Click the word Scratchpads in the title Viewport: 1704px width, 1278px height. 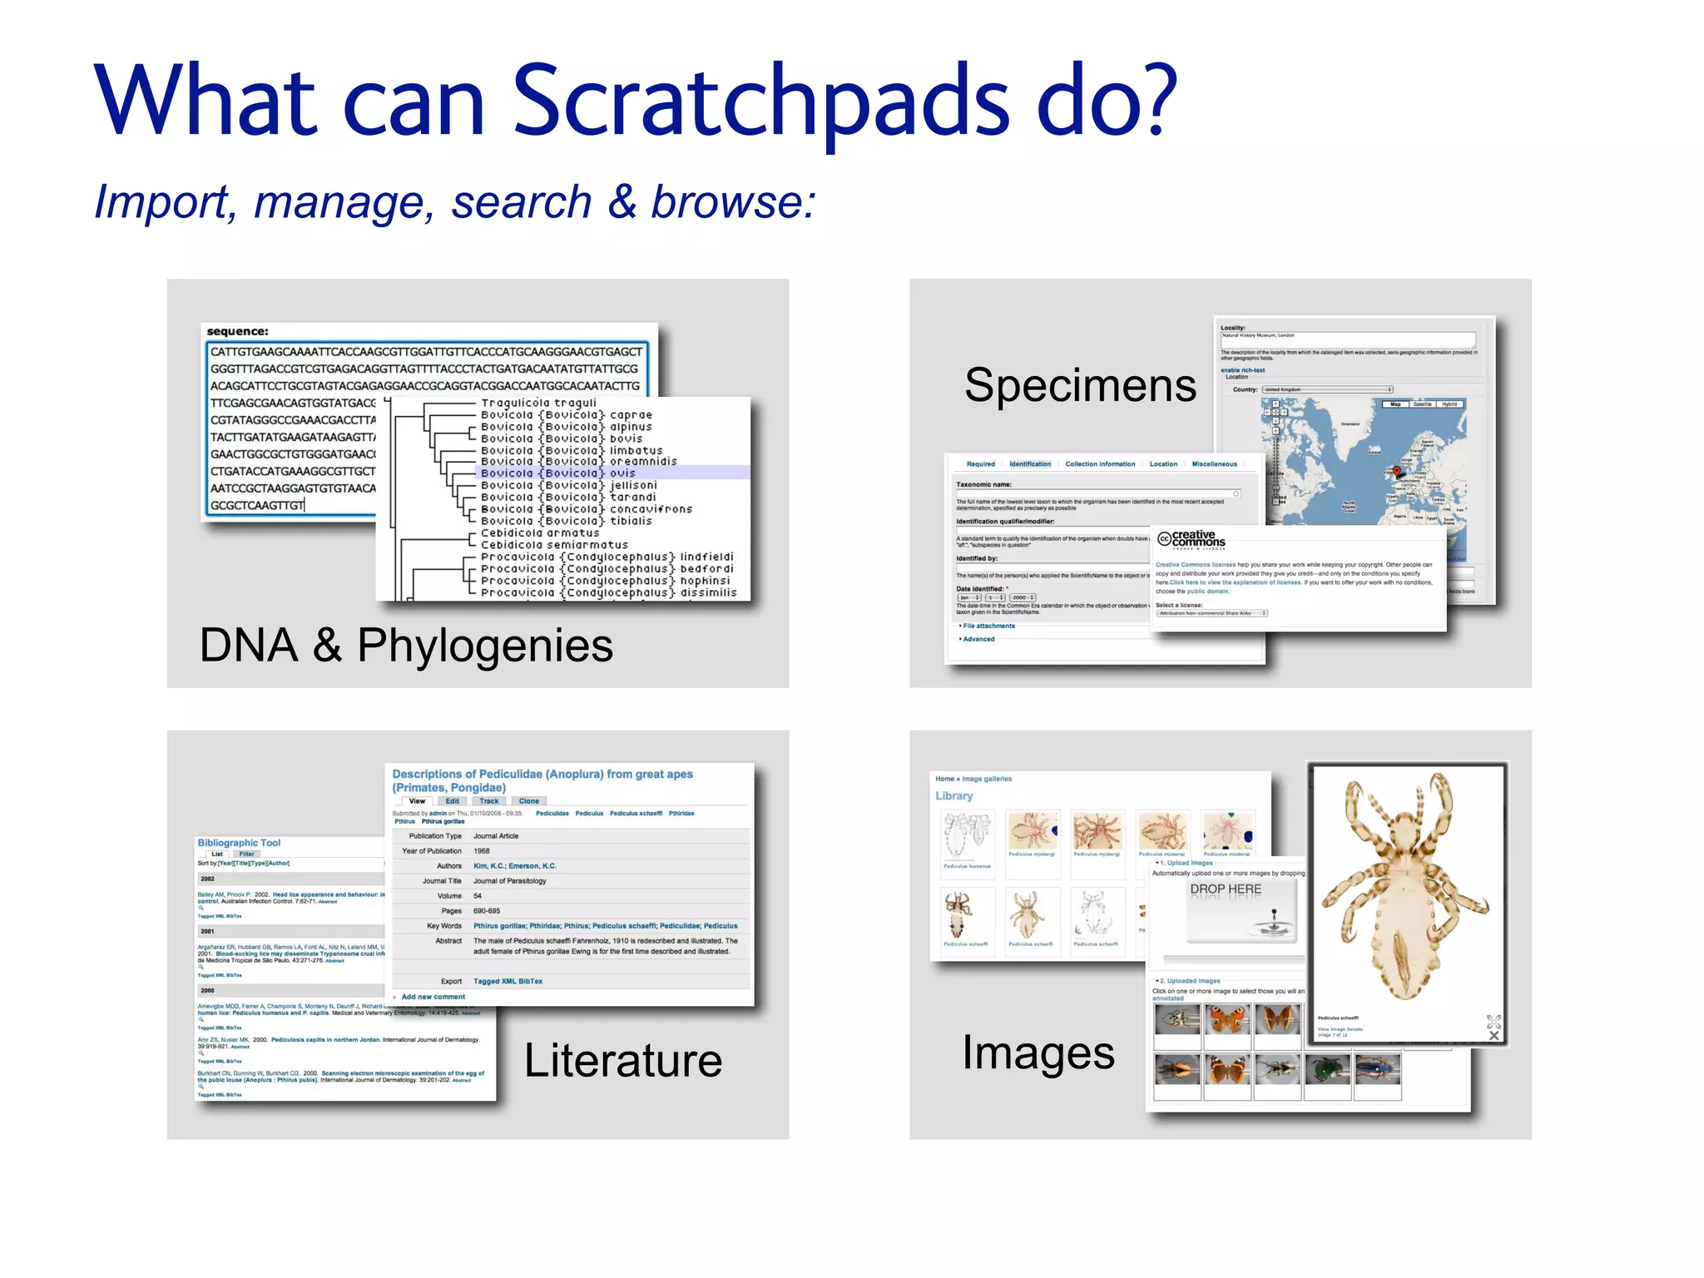761,102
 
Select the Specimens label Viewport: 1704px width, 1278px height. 1080,385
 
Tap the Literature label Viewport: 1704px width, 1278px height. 622,1060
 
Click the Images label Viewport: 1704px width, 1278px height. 1038,1053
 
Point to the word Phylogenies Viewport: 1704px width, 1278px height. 484,646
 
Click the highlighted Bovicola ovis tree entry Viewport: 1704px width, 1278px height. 558,473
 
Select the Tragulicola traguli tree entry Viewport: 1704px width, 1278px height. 538,403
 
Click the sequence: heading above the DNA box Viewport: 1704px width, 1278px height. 237,331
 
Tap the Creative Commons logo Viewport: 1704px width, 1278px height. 1191,539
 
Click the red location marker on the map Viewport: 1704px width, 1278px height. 1396,472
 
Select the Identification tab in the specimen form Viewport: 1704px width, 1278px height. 1030,464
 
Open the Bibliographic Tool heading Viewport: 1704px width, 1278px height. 239,843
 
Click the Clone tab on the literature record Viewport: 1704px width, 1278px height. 529,801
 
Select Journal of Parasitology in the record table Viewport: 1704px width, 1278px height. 509,880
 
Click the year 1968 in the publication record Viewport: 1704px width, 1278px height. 482,851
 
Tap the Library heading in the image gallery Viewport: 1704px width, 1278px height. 954,795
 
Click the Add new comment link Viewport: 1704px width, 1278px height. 433,997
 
